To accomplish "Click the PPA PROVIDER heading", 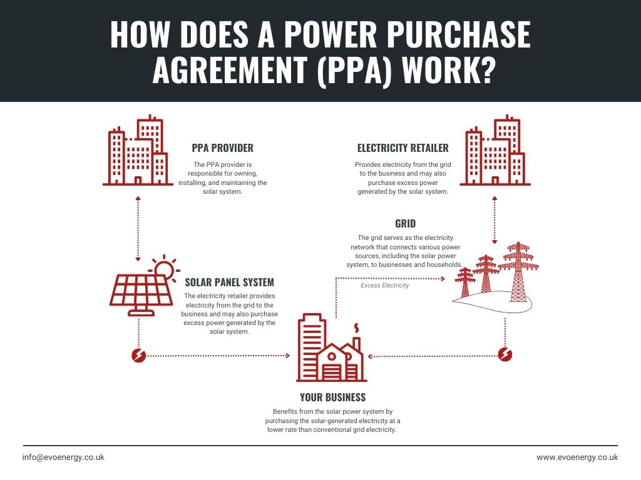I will [222, 148].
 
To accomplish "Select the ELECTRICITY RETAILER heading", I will [403, 148].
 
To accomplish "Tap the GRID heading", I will [405, 223].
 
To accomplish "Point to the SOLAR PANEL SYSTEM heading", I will [229, 282].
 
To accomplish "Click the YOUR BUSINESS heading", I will [332, 397].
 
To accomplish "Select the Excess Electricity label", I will [384, 286].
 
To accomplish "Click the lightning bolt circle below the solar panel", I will [138, 356].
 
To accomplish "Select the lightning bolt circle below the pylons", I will [505, 355].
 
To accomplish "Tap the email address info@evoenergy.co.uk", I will [63, 457].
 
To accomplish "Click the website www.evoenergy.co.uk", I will [577, 457].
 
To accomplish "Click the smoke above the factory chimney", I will [357, 328].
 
